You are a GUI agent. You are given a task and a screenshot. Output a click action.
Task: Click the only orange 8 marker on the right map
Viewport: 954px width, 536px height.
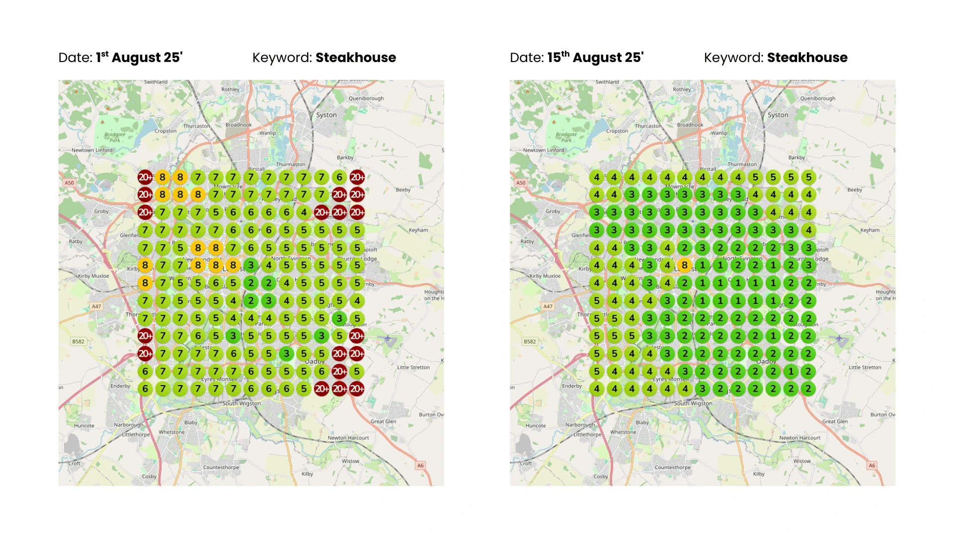pyautogui.click(x=685, y=265)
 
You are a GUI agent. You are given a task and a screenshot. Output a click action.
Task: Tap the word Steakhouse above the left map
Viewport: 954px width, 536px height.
pyautogui.click(x=356, y=58)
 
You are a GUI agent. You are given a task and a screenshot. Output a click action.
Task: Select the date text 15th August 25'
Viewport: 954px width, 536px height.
pyautogui.click(x=595, y=58)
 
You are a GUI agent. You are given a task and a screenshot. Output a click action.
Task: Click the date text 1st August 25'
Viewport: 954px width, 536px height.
pyautogui.click(x=139, y=58)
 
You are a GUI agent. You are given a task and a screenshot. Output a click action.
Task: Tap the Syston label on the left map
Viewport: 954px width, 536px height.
pyautogui.click(x=326, y=115)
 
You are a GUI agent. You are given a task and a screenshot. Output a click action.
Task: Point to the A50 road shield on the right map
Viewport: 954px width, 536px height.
pyautogui.click(x=521, y=183)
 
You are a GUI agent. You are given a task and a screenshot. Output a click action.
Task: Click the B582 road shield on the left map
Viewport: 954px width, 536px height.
pyautogui.click(x=79, y=341)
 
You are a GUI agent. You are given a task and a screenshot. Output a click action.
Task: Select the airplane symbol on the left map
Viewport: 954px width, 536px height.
pyautogui.click(x=388, y=339)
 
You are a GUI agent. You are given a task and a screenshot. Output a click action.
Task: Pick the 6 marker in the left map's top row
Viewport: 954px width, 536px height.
pyautogui.click(x=339, y=177)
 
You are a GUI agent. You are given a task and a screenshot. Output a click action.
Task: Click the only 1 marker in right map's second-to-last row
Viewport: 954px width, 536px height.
pyautogui.click(x=791, y=371)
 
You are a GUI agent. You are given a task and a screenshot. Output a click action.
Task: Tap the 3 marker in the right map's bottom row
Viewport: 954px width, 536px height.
pyautogui.click(x=703, y=389)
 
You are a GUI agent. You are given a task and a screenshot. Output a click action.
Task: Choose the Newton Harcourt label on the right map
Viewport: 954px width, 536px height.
pyautogui.click(x=799, y=438)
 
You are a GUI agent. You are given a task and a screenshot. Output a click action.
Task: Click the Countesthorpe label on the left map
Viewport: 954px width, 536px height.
pyautogui.click(x=221, y=468)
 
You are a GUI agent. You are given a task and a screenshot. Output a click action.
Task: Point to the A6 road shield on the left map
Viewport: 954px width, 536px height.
pyautogui.click(x=420, y=466)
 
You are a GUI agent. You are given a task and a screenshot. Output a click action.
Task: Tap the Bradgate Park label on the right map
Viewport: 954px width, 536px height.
pyautogui.click(x=566, y=137)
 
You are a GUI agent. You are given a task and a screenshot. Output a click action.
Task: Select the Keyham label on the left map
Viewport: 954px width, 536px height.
pyautogui.click(x=418, y=230)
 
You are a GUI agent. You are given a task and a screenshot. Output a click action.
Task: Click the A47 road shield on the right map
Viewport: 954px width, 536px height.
pyautogui.click(x=548, y=306)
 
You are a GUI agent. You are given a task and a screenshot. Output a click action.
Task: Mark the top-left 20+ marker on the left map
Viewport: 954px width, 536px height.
pyautogui.click(x=145, y=177)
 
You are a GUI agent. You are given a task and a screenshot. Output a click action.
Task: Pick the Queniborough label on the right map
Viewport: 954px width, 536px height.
pyautogui.click(x=817, y=99)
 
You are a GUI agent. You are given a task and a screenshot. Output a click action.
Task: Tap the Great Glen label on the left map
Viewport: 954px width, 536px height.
pyautogui.click(x=384, y=421)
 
